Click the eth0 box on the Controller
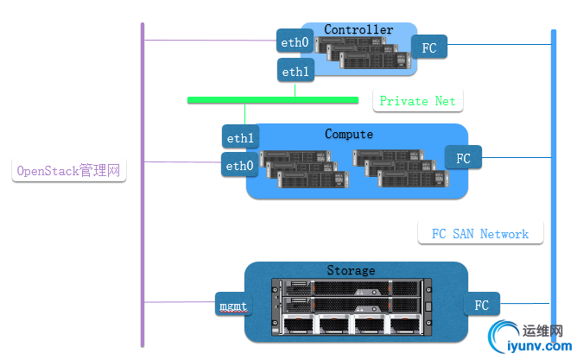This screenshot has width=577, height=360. [x=295, y=41]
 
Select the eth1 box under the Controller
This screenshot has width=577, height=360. [x=295, y=72]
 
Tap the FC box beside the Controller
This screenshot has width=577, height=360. [x=429, y=47]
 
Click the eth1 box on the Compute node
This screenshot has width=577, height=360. [x=240, y=138]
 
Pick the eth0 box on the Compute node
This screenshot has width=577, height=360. [x=239, y=166]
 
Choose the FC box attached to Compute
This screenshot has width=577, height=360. [x=464, y=158]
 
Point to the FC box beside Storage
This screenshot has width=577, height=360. [x=482, y=305]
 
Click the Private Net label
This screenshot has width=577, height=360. [x=418, y=101]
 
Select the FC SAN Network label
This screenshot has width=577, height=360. [x=479, y=234]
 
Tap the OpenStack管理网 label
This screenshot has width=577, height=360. [x=69, y=171]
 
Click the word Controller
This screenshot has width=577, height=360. [x=358, y=29]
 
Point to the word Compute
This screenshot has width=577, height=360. [x=349, y=134]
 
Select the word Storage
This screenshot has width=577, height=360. [x=351, y=270]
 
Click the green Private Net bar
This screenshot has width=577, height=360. [x=273, y=100]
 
